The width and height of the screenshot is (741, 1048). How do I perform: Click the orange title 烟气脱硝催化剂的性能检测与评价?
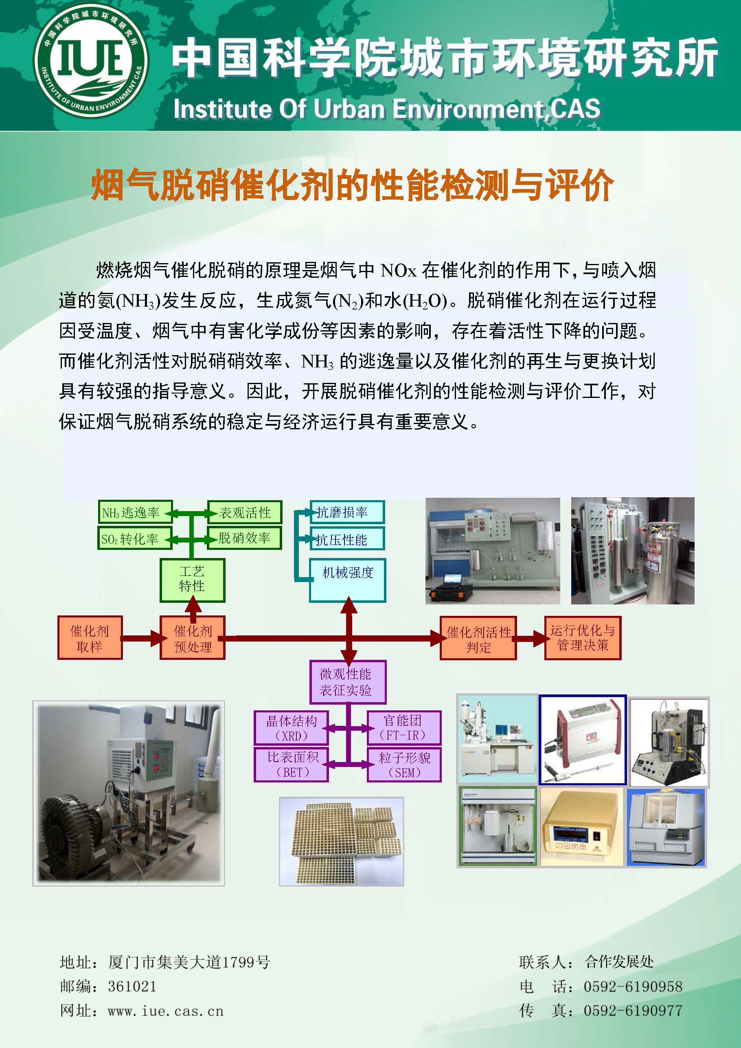352,185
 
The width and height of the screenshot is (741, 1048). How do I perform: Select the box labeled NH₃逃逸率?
135,512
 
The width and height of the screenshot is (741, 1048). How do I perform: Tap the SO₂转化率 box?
135,538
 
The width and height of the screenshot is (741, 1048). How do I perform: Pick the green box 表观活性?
245,512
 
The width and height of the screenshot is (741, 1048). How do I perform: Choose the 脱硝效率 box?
245,538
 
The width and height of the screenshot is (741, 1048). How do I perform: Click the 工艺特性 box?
192,580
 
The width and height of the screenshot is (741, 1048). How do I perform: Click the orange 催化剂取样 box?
90,638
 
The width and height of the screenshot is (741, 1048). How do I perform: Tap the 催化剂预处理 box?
193,638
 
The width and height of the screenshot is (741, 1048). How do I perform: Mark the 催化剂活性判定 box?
478,638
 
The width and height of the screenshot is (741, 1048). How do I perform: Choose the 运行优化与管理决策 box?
583,638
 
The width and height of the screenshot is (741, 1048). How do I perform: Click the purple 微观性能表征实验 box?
347,681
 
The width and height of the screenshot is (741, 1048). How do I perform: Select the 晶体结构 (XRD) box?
291,727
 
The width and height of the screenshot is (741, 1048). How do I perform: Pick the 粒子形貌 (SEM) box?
404,765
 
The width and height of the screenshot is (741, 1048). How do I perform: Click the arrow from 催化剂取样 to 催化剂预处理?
141,638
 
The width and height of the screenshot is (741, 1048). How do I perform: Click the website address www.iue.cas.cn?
166,1011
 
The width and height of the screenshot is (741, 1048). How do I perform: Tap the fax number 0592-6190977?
632,1011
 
